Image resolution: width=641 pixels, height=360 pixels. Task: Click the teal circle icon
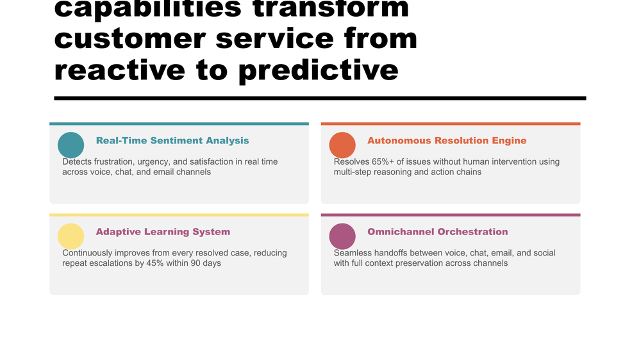71,145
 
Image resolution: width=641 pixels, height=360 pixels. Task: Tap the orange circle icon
342,145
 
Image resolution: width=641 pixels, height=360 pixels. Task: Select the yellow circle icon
71,236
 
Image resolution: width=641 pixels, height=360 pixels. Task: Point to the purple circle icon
342,236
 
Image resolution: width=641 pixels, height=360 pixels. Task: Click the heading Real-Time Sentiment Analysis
172,141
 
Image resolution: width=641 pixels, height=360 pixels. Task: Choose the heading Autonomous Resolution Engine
447,141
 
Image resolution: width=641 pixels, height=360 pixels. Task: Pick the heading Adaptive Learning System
163,232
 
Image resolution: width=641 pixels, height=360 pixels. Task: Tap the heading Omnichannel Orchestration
437,232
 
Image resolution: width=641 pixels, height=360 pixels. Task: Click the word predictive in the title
319,69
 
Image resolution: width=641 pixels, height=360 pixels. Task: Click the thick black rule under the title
320,98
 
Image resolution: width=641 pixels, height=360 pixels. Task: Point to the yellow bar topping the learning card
179,215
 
